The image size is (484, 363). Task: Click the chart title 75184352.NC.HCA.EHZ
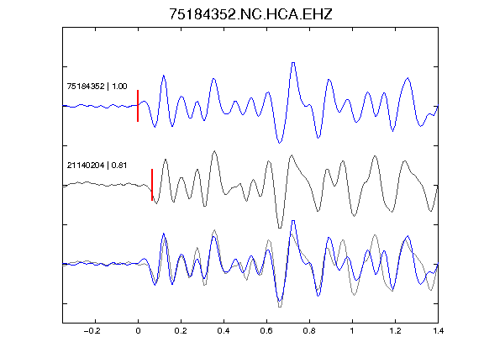point(250,14)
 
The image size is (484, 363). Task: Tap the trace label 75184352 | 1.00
point(97,86)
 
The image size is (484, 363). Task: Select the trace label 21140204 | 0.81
point(97,166)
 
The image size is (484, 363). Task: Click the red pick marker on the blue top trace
point(138,106)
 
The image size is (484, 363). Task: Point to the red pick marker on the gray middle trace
point(152,185)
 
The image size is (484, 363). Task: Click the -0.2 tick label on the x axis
point(92,331)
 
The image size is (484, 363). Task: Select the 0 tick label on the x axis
point(138,331)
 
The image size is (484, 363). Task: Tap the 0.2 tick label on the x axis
point(181,331)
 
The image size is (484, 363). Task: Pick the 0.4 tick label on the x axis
point(224,331)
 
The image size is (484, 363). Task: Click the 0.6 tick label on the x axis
point(266,331)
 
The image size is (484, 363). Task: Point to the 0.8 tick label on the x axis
point(309,331)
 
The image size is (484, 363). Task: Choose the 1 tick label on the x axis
point(352,331)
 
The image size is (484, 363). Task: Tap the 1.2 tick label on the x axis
point(395,331)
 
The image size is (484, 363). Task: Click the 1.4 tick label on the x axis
point(438,331)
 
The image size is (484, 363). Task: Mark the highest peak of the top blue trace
point(293,63)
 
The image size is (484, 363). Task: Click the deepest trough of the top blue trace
point(280,143)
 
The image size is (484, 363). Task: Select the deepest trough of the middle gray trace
point(280,228)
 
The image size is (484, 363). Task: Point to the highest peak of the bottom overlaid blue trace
point(293,221)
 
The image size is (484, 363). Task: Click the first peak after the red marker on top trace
point(164,76)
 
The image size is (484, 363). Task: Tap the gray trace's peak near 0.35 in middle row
point(214,151)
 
